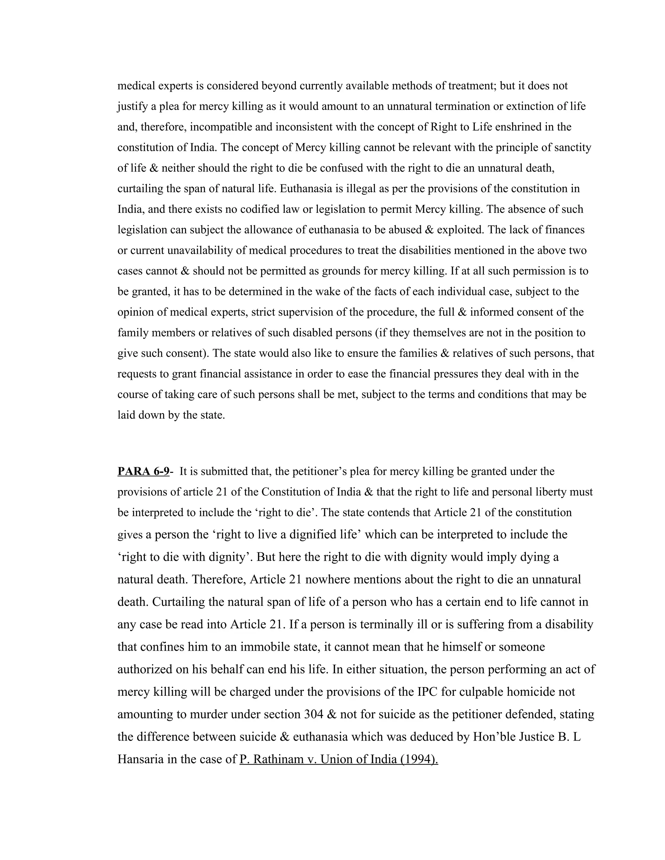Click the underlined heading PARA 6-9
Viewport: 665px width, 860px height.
click(x=143, y=471)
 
